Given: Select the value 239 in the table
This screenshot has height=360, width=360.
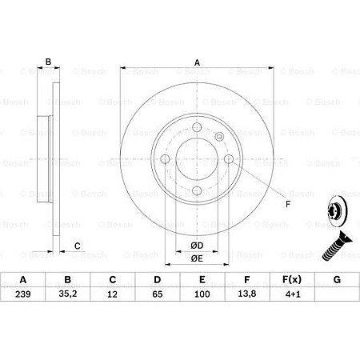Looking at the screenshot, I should tap(23, 295).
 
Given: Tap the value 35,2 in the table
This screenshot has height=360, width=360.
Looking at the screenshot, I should tap(69, 295).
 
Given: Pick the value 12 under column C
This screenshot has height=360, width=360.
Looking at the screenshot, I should tap(113, 295).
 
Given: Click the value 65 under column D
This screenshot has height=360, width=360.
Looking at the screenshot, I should tap(158, 295).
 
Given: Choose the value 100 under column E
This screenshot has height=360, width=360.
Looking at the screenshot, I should tap(202, 295).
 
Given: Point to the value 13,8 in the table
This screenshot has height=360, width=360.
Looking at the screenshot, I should tap(246, 295).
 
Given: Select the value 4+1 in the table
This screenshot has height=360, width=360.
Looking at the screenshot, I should tap(291, 295).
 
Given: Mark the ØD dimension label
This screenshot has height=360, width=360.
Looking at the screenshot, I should tap(197, 245).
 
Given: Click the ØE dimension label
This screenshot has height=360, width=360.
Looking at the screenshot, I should tap(197, 258).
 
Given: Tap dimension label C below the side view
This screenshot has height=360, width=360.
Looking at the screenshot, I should tap(76, 245).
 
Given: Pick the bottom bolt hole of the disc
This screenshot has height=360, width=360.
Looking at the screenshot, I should tap(197, 190).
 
